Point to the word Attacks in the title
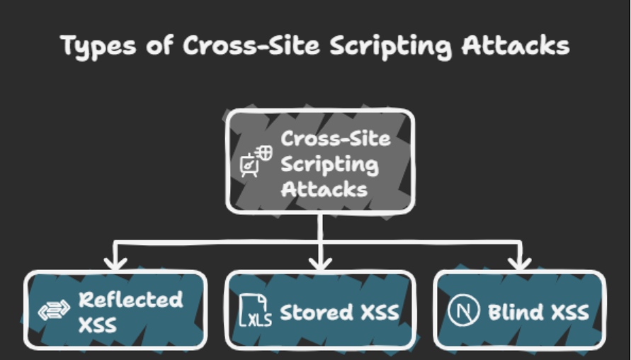[516, 45]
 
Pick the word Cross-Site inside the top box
[335, 138]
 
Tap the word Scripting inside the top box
[329, 165]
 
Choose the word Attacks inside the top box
[324, 189]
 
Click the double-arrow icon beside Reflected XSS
[54, 312]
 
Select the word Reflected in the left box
[130, 299]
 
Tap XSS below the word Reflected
[98, 325]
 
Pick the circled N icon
[465, 312]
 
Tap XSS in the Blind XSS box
[569, 312]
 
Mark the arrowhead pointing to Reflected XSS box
[115, 263]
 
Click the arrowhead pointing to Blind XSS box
[521, 263]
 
